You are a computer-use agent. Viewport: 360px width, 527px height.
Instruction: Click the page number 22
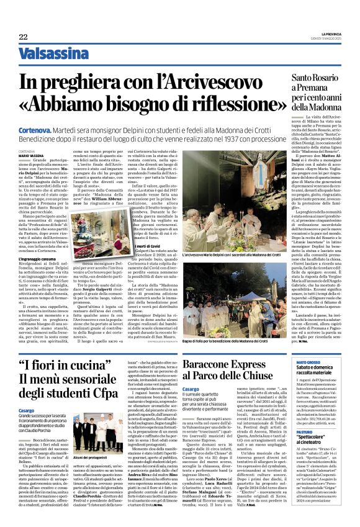(23, 37)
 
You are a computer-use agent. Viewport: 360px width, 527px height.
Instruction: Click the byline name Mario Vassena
(30, 155)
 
